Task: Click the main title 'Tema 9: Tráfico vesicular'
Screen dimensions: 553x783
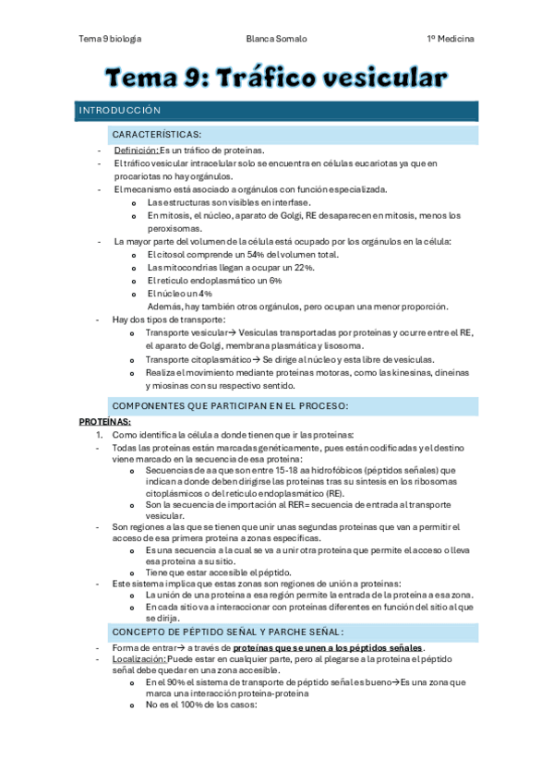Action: coord(276,78)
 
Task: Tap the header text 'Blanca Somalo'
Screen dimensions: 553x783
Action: coord(276,40)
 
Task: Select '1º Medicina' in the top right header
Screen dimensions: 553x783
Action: coord(451,40)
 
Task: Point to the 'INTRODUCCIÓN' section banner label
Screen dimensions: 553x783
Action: coord(120,111)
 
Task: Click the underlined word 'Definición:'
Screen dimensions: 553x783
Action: coord(136,151)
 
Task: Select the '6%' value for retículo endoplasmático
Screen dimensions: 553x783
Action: coord(275,281)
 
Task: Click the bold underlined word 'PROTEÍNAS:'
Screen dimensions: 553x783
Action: coord(104,421)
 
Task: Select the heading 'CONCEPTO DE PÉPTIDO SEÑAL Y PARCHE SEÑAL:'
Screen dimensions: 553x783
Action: coord(227,632)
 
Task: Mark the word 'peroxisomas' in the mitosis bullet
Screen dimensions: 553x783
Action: coord(172,228)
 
